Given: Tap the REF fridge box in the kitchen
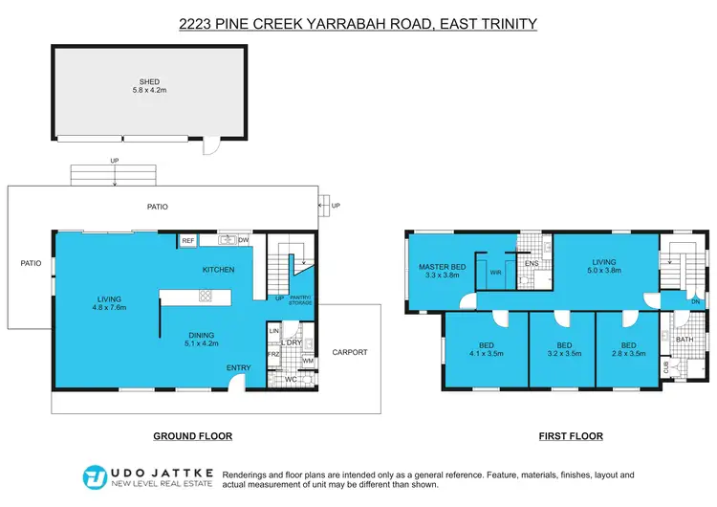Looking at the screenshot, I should pyautogui.click(x=188, y=241).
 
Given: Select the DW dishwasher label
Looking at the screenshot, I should pyautogui.click(x=244, y=241).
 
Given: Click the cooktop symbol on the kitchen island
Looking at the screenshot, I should pyautogui.click(x=205, y=297).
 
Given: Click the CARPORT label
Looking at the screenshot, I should pyautogui.click(x=350, y=352).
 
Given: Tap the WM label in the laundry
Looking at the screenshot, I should pyautogui.click(x=307, y=361).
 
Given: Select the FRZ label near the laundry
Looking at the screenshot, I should pyautogui.click(x=273, y=354).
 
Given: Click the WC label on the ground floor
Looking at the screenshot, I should pyautogui.click(x=291, y=379).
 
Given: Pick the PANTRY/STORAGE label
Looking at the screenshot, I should pyautogui.click(x=301, y=301).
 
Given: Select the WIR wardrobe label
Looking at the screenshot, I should pyautogui.click(x=495, y=272).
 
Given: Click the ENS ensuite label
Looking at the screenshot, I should pyautogui.click(x=532, y=264).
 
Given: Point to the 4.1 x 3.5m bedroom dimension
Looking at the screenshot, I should pyautogui.click(x=484, y=353).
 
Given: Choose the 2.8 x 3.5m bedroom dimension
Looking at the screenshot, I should pyautogui.click(x=628, y=353).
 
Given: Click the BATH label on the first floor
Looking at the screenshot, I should pyautogui.click(x=684, y=339).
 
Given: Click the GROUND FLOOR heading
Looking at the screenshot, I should pyautogui.click(x=193, y=436).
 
